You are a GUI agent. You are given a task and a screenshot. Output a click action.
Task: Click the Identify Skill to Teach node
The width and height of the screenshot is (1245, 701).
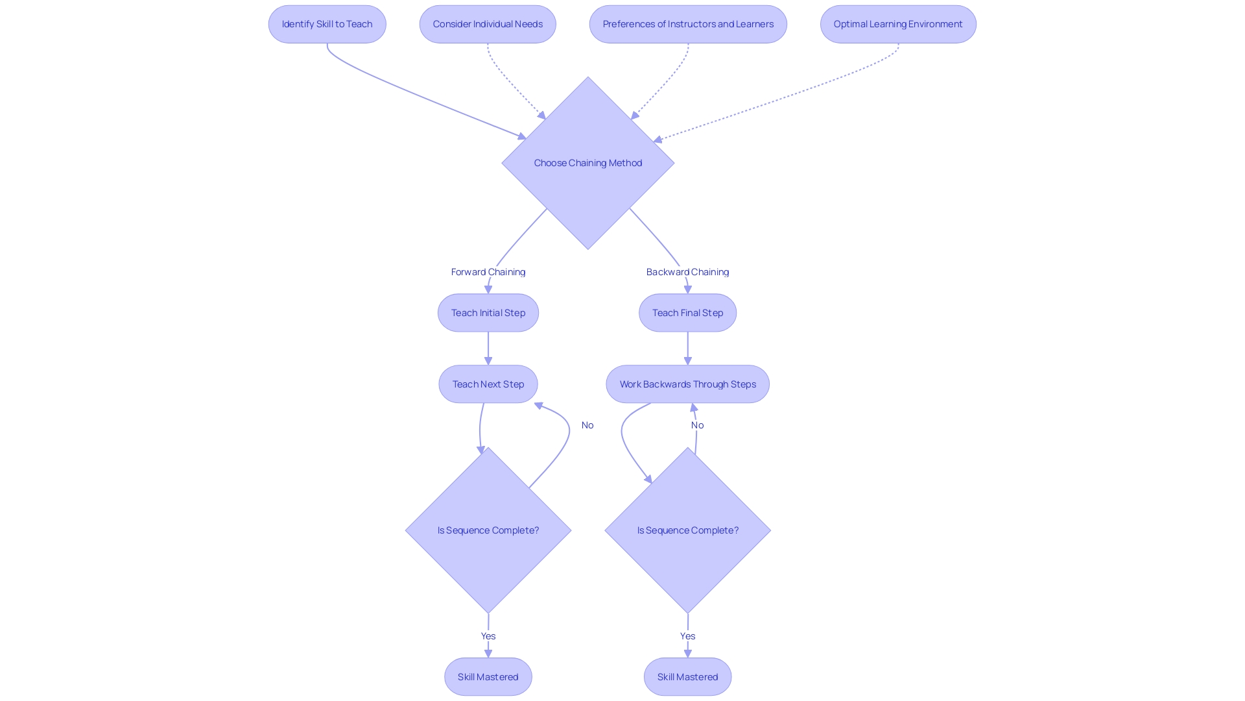tap(327, 24)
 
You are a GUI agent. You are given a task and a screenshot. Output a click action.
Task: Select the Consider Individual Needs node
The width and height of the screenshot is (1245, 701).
tap(488, 24)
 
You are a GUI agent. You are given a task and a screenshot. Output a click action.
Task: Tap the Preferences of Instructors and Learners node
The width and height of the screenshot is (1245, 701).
tap(688, 24)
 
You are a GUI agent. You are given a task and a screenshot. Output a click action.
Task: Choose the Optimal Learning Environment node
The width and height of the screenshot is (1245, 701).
tap(898, 24)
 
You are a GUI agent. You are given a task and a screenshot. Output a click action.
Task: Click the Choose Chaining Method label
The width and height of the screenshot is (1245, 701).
tap(587, 163)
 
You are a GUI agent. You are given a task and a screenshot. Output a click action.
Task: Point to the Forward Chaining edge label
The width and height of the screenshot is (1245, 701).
tap(488, 272)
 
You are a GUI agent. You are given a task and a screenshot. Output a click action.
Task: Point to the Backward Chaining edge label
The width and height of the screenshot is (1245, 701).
tap(687, 272)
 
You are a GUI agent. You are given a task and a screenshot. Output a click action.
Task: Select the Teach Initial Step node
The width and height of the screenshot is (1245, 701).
tap(488, 313)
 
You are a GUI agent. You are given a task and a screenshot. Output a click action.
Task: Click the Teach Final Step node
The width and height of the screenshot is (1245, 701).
tap(687, 313)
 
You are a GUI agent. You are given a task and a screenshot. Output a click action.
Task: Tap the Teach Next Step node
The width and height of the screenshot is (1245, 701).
tap(488, 384)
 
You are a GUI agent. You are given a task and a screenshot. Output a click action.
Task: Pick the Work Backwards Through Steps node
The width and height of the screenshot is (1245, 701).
tap(687, 384)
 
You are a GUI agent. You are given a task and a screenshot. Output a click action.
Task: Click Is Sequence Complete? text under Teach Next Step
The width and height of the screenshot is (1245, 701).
tap(488, 530)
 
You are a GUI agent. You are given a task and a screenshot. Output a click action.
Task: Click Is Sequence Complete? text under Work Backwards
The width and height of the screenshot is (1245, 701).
tap(687, 530)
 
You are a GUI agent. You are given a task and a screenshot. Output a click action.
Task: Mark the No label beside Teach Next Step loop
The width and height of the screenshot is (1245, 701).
tap(587, 425)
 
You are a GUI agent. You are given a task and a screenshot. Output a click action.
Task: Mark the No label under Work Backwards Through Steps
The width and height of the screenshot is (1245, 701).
tap(697, 425)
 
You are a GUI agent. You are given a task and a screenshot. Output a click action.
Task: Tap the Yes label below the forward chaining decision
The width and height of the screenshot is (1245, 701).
tap(488, 636)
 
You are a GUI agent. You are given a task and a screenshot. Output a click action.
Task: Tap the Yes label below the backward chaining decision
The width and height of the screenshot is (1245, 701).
tap(687, 636)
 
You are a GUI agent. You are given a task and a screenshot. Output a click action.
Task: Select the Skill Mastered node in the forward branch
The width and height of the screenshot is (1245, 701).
tap(488, 677)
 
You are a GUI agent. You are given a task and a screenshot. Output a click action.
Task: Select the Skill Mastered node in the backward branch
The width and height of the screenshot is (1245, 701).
tap(687, 677)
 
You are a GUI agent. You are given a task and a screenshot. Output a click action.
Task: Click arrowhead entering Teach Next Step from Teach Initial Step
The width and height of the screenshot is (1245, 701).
tap(488, 361)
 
